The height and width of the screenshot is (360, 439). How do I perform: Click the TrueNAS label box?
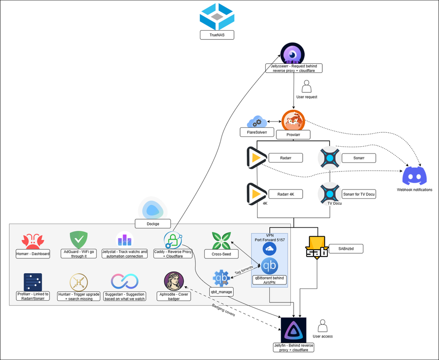(x=217, y=35)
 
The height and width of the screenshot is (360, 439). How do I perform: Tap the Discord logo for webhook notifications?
(x=414, y=175)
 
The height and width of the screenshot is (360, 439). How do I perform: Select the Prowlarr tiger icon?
(x=293, y=121)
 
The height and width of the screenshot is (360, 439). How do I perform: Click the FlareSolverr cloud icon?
(x=257, y=121)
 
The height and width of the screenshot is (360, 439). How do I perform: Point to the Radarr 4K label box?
(x=285, y=194)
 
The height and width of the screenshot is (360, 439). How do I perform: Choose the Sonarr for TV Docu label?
(x=359, y=194)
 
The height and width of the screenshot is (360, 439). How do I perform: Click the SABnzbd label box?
(x=346, y=249)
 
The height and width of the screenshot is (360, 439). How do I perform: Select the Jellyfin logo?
(x=294, y=330)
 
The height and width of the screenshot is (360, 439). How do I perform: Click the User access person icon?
(x=322, y=326)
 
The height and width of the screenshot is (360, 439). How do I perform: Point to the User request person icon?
(x=307, y=86)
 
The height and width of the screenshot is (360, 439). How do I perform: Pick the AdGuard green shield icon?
(x=79, y=240)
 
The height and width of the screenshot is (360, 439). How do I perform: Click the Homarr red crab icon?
(x=33, y=241)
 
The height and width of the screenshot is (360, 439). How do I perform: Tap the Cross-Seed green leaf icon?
(x=221, y=241)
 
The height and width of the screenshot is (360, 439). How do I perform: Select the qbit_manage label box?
(x=221, y=292)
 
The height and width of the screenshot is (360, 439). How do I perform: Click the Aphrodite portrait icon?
(x=174, y=281)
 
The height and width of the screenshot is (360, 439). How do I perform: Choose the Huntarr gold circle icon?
(x=79, y=282)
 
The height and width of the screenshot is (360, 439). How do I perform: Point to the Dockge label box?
(x=153, y=224)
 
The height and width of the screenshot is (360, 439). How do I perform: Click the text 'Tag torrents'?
(x=244, y=270)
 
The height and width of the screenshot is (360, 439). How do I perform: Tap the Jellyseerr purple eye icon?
(x=293, y=54)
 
